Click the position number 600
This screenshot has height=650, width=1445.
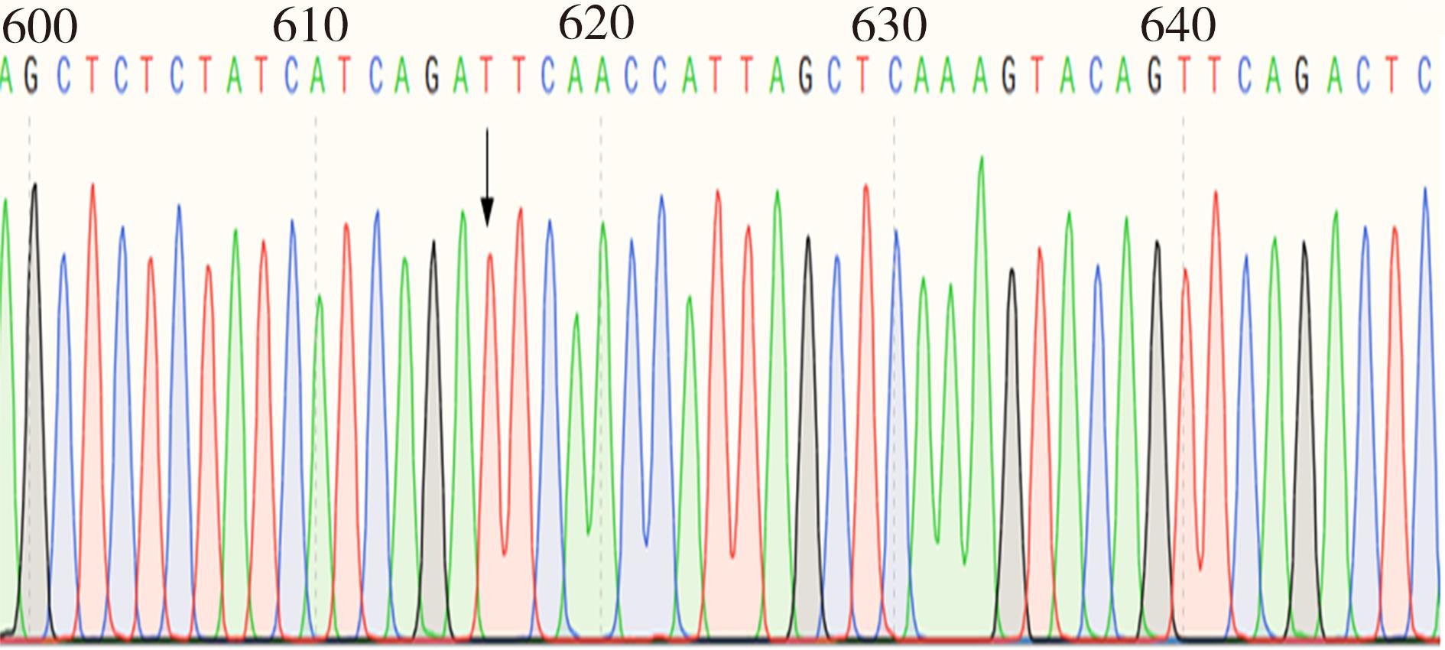tap(40, 26)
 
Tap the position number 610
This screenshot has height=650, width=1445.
tap(310, 26)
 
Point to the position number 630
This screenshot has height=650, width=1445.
tap(889, 26)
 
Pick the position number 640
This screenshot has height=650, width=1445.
tap(1177, 26)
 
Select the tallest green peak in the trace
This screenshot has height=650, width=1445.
tap(981, 161)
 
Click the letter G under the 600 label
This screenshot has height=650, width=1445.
tap(31, 76)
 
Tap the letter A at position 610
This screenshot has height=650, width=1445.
tap(318, 76)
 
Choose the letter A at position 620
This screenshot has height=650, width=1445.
tap(603, 76)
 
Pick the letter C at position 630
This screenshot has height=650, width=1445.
tap(895, 76)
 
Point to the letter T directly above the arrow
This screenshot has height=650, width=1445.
tap(487, 76)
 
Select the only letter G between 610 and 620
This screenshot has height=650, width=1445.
tap(432, 76)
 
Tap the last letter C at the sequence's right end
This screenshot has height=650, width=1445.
tap(1424, 76)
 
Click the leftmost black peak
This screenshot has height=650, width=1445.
tap(34, 187)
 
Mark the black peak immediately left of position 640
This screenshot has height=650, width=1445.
tap(1157, 245)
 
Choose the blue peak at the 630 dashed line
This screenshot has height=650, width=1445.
tap(896, 233)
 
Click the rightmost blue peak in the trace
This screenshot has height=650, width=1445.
tap(1425, 191)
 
